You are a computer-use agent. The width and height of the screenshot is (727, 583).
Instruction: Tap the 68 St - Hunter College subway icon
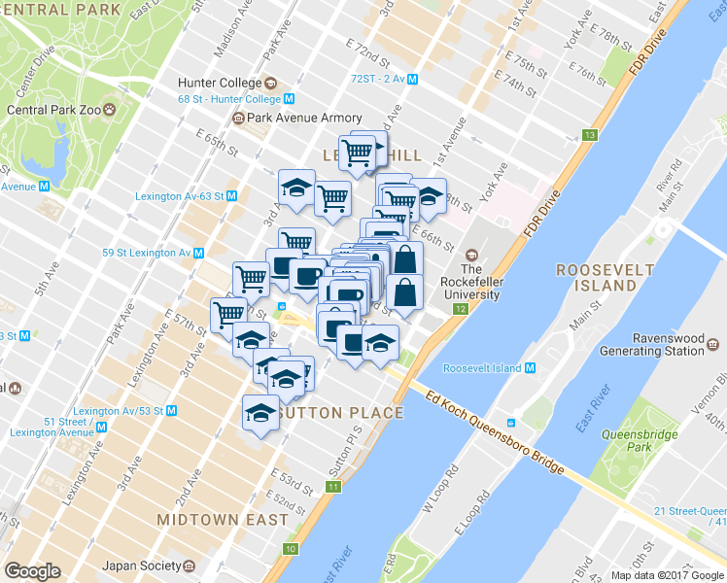tap(290, 99)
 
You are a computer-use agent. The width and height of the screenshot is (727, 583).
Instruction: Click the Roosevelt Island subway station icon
tap(531, 368)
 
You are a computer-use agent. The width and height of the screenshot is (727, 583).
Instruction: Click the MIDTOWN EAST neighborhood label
tap(223, 520)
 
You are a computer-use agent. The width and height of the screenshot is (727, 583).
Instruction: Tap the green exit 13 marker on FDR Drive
tap(589, 134)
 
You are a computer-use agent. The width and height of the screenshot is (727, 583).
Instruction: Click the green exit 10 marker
tap(290, 550)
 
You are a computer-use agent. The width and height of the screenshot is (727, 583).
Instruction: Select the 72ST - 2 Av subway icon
tap(413, 80)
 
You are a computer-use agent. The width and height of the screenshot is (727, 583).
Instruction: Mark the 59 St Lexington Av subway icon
tap(198, 253)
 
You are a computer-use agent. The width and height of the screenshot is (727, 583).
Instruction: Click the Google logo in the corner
tap(33, 571)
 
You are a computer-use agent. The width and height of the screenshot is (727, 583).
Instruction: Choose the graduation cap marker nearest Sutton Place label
tap(260, 413)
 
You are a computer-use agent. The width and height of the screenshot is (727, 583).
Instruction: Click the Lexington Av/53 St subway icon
tap(171, 411)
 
